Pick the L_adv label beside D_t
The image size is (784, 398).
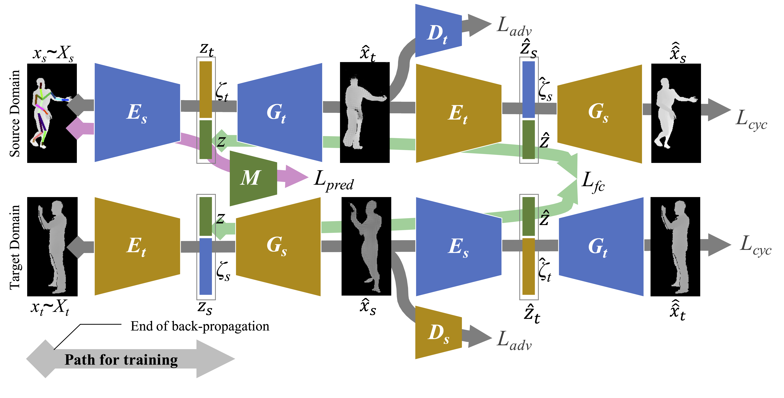[514, 27]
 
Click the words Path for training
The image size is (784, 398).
[121, 360]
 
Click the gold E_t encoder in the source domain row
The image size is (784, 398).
[458, 113]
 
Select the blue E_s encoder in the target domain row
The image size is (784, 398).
[458, 246]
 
